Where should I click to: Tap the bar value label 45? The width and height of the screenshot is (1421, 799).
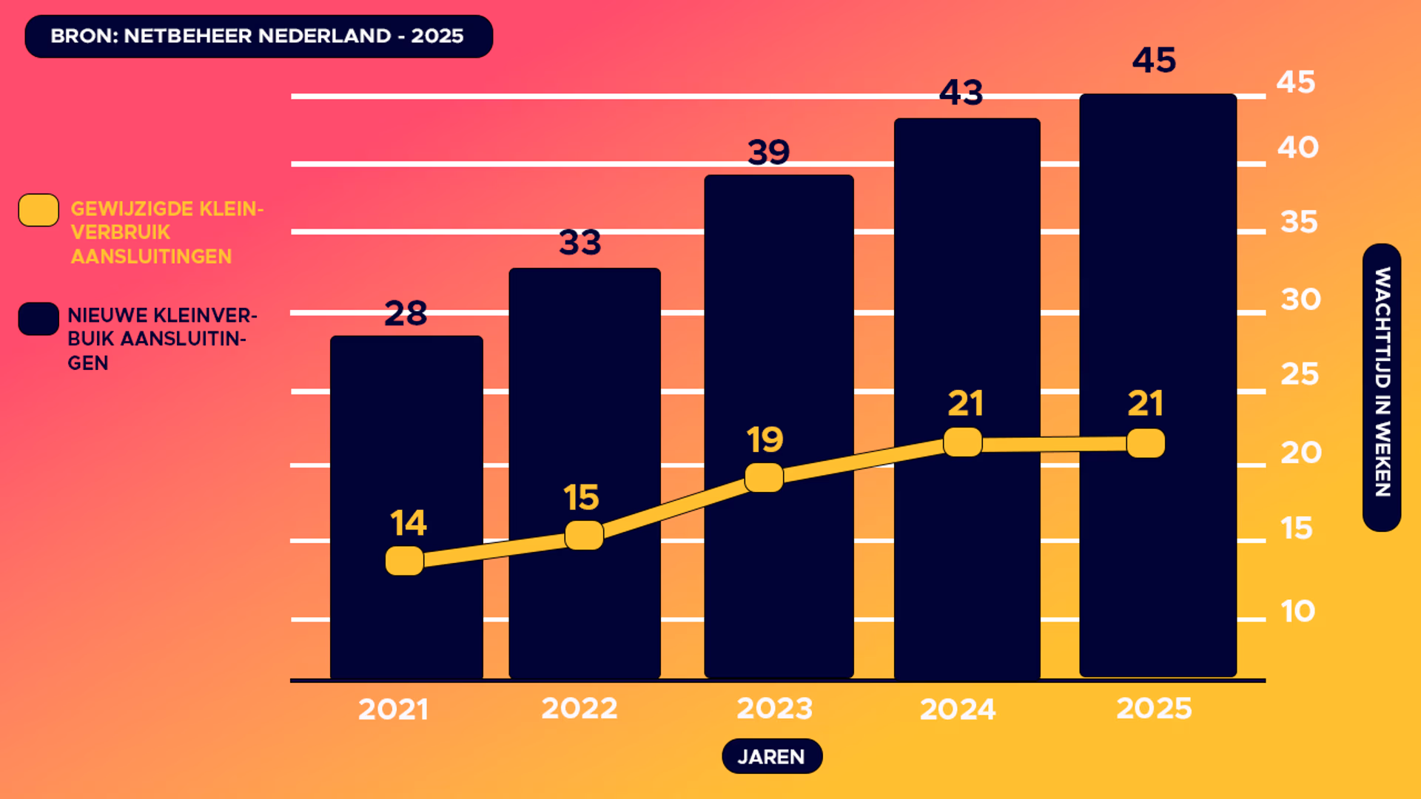[x=1154, y=61]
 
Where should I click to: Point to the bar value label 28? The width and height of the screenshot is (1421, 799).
[x=406, y=314]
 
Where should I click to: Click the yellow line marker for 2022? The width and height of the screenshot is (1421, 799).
[x=584, y=535]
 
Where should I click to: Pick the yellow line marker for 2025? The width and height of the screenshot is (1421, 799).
[x=1146, y=443]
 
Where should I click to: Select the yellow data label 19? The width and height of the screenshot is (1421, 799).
[x=765, y=440]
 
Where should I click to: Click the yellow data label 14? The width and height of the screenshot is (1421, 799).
[x=408, y=524]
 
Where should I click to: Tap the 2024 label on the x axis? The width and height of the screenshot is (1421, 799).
[x=958, y=709]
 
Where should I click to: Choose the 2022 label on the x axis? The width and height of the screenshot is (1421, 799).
[x=580, y=709]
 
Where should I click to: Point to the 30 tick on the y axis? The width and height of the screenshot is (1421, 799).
[x=1300, y=300]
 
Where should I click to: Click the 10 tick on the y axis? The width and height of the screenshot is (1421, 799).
[x=1297, y=612]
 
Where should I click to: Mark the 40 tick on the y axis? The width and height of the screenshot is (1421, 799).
[x=1298, y=148]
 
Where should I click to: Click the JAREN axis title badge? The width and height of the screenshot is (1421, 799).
[x=772, y=756]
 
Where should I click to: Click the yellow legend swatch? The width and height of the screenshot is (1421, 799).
[x=38, y=210]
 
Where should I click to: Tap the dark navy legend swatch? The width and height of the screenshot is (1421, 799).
[x=38, y=319]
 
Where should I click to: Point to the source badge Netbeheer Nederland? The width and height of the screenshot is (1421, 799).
[x=258, y=36]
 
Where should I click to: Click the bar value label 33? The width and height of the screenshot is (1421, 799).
[x=580, y=243]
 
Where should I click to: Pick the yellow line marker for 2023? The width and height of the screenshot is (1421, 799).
[x=764, y=477]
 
